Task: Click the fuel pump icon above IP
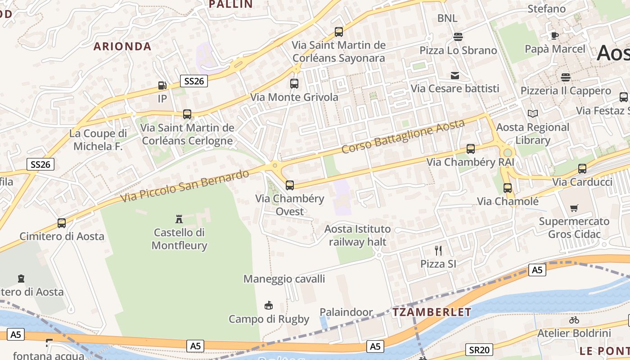coord(162,85)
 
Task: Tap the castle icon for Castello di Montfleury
coord(179,219)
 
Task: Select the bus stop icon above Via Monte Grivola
coord(294,83)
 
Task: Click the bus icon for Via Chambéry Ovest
coord(290,185)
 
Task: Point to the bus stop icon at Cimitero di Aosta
coord(62,223)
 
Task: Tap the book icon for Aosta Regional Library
coord(533,113)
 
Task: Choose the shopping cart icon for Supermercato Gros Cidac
coord(574,208)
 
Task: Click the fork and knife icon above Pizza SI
coord(438,250)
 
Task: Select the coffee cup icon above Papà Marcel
coord(555,36)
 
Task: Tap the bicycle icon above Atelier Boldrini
coord(574,320)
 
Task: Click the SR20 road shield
coord(479,350)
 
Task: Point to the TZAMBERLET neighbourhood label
coord(425,312)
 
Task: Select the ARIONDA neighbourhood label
coord(122,46)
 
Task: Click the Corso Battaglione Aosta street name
coord(403,135)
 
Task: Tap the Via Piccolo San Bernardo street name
coord(185,186)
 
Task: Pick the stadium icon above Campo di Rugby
coord(269,306)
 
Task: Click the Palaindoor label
coord(346,312)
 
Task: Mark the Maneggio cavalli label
coord(284,279)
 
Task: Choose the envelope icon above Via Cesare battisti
coord(455,75)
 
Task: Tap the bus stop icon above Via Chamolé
coord(508,188)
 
